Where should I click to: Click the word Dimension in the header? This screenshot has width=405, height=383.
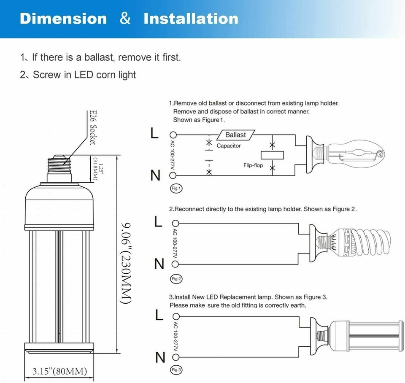tap(63, 19)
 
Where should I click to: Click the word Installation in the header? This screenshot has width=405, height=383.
tap(191, 19)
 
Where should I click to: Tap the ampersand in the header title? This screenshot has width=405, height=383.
tap(125, 19)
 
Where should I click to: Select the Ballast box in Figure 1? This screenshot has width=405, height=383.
tap(235, 135)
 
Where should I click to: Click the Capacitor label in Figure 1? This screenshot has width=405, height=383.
tap(229, 146)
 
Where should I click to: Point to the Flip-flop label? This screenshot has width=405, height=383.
tap(253, 165)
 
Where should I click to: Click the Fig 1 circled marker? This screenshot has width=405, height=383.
tap(176, 189)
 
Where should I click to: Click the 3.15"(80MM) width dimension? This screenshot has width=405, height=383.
tap(60, 372)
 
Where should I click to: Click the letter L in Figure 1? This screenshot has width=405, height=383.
tap(155, 134)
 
